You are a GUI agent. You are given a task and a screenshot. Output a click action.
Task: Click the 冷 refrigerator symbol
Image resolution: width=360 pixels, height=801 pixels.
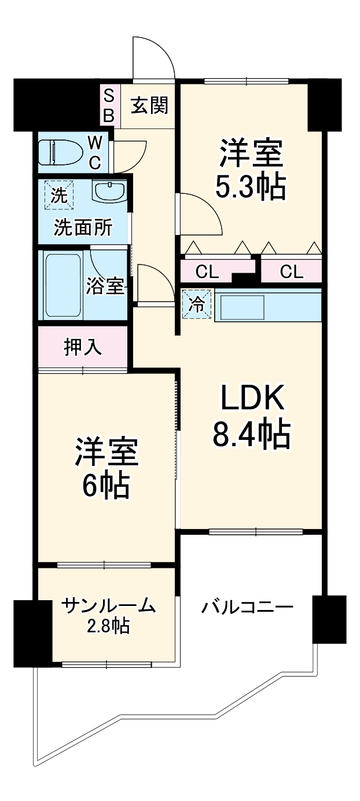click(197, 304)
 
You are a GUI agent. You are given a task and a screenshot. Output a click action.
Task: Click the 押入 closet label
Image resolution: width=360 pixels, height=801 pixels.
click(83, 347)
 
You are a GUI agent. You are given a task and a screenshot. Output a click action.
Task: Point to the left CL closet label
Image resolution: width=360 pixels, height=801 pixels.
click(207, 271)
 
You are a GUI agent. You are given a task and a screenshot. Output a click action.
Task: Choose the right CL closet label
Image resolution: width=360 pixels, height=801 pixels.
click(291, 271)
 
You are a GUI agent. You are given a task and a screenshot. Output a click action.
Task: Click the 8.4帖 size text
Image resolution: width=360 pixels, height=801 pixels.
click(251, 435)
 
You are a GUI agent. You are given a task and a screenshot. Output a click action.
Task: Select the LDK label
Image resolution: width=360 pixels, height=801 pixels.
click(251, 399)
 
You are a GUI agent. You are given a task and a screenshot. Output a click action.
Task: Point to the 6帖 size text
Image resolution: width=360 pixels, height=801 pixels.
click(105, 486)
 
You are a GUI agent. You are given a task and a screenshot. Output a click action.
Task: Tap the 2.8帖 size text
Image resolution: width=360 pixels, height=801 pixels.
click(108, 626)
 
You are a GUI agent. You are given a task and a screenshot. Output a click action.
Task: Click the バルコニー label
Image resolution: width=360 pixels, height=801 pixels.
click(247, 608)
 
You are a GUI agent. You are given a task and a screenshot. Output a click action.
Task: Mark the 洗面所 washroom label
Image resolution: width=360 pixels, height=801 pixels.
click(83, 227)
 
